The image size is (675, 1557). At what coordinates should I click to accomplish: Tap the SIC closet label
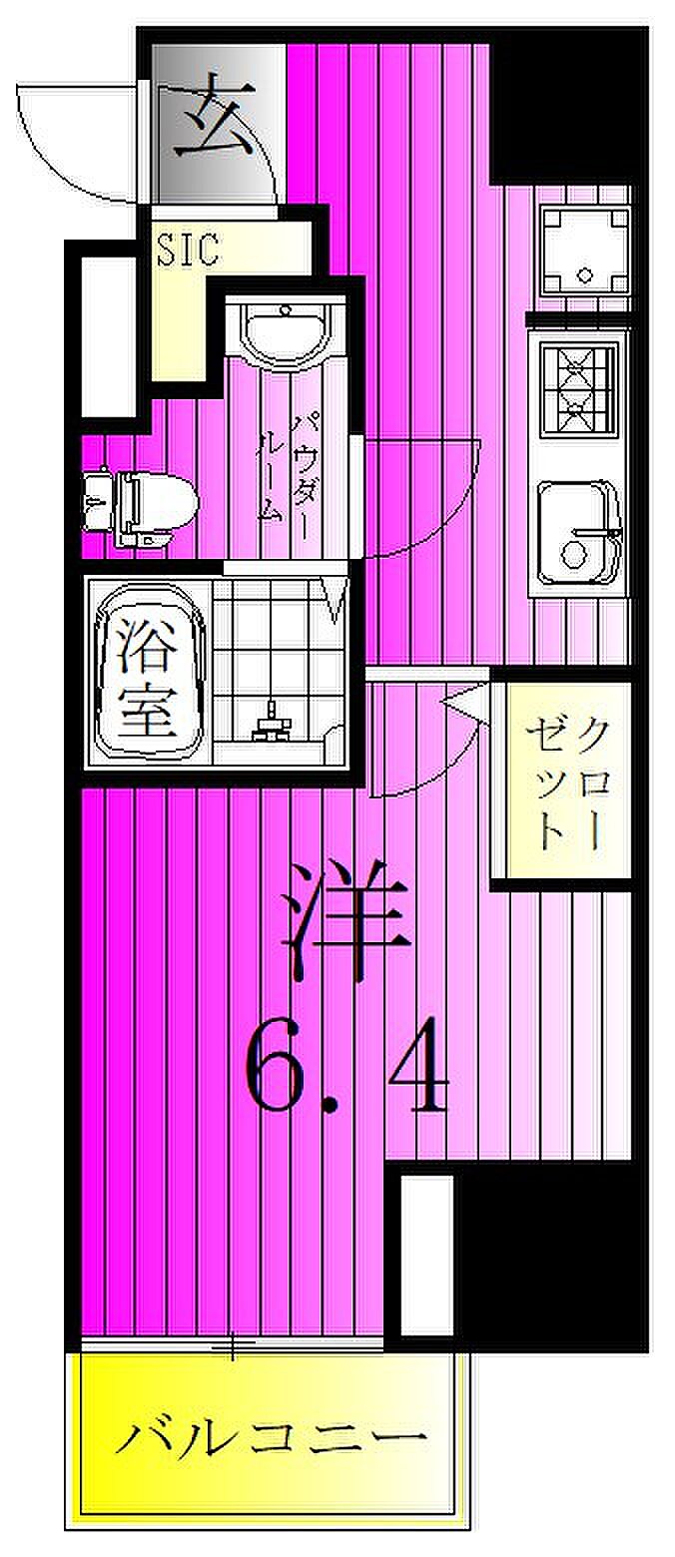pyautogui.click(x=188, y=250)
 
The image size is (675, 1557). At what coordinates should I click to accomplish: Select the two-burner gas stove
pyautogui.click(x=578, y=388)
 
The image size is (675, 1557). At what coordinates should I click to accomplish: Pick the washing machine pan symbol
pyautogui.click(x=585, y=250)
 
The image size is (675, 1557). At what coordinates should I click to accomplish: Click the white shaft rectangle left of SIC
pyautogui.click(x=108, y=334)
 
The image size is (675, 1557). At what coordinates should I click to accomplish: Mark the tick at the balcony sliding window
pyautogui.click(x=233, y=1349)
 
